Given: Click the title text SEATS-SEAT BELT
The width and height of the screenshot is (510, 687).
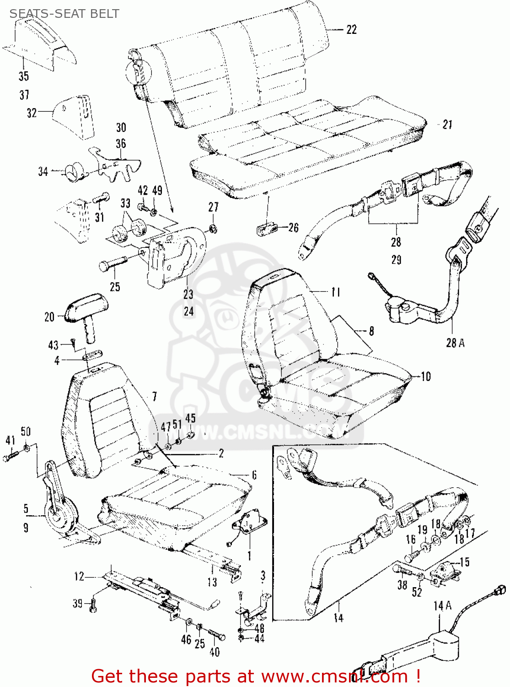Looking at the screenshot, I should (64, 14).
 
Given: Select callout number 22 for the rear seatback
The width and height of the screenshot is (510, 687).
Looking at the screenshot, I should (351, 30).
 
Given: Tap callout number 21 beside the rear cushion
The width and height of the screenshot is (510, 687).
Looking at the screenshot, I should (447, 124).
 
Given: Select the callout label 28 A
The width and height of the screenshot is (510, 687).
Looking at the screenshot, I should (455, 343).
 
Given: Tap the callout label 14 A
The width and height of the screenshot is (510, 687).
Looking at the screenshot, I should (442, 606).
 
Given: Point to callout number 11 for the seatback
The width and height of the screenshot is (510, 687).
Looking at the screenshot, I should (336, 292).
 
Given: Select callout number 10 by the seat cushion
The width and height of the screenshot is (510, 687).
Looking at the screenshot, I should (426, 376).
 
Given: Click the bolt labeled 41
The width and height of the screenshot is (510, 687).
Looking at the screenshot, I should (11, 456).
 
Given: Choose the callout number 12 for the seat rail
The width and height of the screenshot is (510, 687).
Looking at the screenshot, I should (79, 576).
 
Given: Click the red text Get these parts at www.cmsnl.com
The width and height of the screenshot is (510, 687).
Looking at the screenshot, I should (255, 676).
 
